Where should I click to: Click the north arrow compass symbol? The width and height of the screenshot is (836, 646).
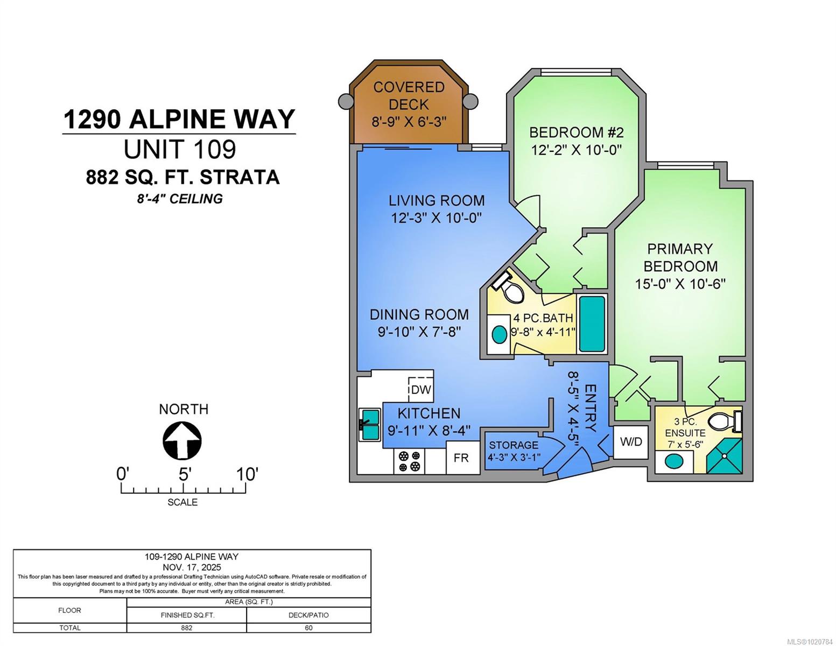click(182, 441)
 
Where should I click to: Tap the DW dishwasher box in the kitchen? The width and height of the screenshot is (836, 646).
click(420, 387)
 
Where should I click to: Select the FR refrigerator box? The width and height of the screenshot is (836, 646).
click(463, 458)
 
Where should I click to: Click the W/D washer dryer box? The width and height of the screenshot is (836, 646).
click(631, 441)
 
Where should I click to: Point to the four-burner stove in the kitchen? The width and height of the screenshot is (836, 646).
click(409, 461)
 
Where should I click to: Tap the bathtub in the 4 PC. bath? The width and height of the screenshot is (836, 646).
click(592, 324)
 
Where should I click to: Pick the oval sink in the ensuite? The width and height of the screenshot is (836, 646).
click(673, 461)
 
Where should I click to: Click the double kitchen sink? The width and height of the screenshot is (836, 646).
click(369, 425)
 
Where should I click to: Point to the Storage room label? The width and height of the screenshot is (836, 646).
click(514, 445)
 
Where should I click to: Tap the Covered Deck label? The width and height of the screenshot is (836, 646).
click(409, 95)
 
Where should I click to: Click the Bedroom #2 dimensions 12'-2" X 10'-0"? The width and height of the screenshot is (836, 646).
click(577, 149)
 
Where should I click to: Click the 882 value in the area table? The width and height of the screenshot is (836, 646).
click(187, 628)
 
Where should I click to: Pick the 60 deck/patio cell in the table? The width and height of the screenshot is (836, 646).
click(308, 628)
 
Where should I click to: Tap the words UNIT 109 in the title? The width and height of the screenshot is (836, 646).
click(180, 149)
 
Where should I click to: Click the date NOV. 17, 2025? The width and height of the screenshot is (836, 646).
click(192, 567)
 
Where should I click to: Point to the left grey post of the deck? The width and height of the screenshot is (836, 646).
click(345, 102)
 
